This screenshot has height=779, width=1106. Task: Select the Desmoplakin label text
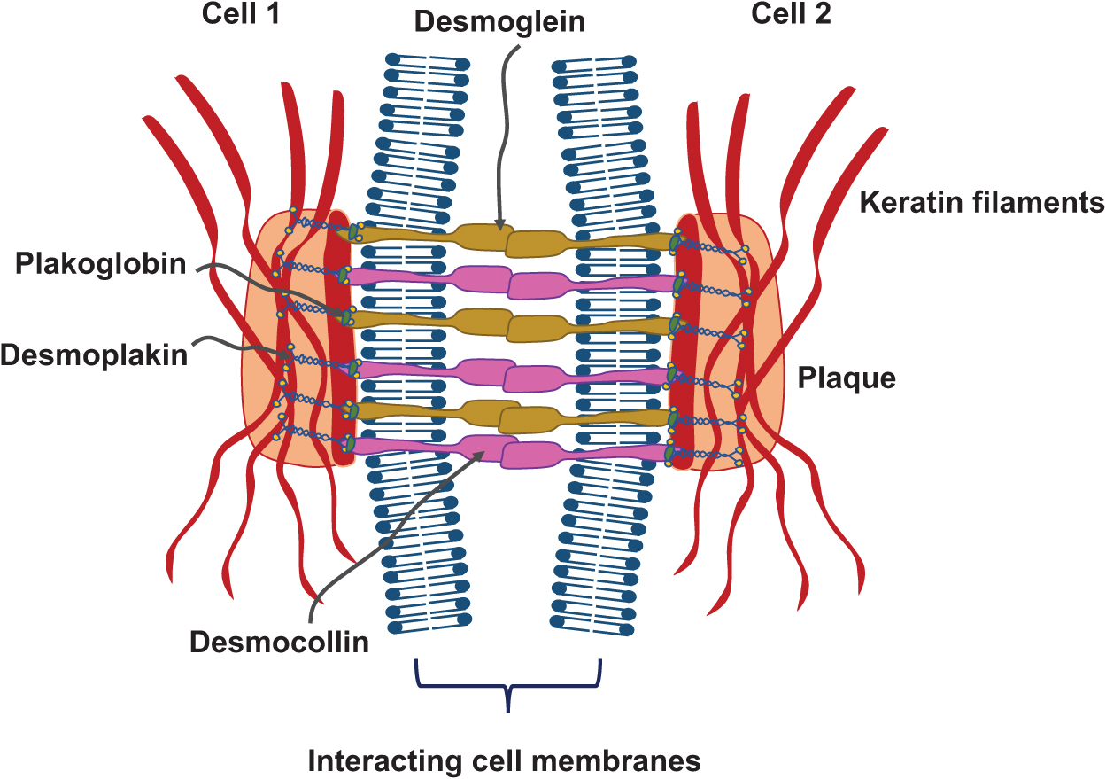pyautogui.click(x=94, y=354)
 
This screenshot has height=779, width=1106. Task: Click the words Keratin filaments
pyautogui.click(x=982, y=203)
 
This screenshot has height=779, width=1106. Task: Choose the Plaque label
pyautogui.click(x=847, y=378)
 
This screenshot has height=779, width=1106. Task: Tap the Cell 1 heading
pyautogui.click(x=239, y=15)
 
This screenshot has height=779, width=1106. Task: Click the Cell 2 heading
pyautogui.click(x=791, y=15)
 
